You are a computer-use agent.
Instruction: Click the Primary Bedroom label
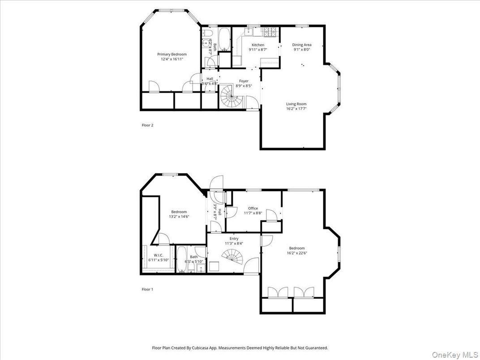[x=172, y=54]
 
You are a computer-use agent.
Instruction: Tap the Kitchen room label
[x=257, y=45]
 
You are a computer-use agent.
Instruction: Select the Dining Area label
[x=302, y=45]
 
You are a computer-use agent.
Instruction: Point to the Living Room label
[x=296, y=104]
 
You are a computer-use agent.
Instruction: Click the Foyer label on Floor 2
[x=244, y=81]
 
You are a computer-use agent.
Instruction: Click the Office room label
[x=253, y=208]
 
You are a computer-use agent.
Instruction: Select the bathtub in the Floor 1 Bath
[x=182, y=261]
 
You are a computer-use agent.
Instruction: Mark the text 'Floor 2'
[x=147, y=125]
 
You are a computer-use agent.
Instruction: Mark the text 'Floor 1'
[x=147, y=289]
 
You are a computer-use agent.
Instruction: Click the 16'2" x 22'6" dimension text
[x=296, y=253]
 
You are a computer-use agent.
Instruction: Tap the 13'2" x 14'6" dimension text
[x=179, y=216]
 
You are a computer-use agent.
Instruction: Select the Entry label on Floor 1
[x=234, y=239]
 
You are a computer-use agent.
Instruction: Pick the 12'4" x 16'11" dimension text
[x=172, y=59]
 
